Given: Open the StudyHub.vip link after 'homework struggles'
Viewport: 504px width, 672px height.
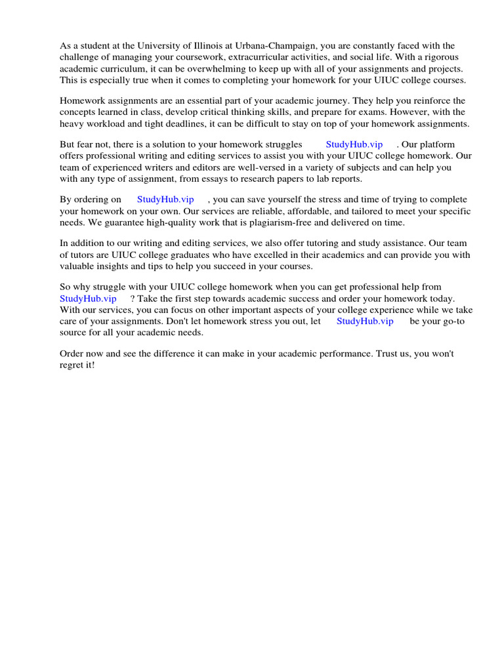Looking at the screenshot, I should (x=354, y=144).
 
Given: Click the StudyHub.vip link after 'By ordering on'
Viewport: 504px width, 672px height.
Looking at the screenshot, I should (x=165, y=199).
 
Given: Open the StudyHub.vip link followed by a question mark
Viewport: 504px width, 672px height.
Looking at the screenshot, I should (x=88, y=299).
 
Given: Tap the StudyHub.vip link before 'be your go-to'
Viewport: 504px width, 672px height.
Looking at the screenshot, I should (x=365, y=321).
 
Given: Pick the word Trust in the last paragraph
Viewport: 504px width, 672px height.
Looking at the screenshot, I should (x=387, y=354).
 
